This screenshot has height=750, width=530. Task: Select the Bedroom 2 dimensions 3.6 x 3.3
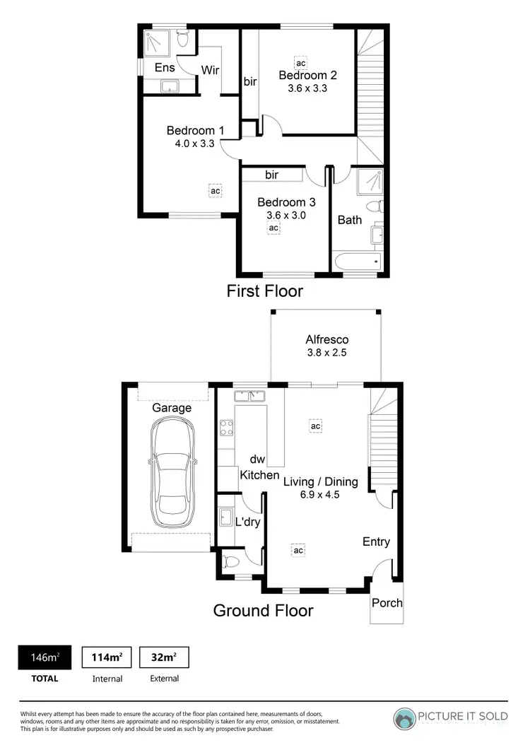pos(307,89)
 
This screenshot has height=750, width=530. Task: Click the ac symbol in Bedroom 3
pos(273,228)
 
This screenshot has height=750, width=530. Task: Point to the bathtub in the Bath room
pos(358,263)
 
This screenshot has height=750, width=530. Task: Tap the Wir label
pos(210,70)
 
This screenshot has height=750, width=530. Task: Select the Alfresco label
pos(326,339)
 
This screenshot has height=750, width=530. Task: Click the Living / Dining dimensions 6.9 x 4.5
pos(321,495)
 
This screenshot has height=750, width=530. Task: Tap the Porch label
pos(387,603)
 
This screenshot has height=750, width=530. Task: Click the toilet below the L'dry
pos(230,563)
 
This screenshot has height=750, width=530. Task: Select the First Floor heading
pos(264,291)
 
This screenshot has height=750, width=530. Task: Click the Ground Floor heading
pos(263,610)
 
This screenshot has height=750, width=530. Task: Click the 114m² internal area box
pos(107,657)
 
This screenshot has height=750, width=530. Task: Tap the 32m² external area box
pos(164,657)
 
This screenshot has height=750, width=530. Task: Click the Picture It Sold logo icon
pos(404,717)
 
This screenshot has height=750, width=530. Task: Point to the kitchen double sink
pos(248,395)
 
